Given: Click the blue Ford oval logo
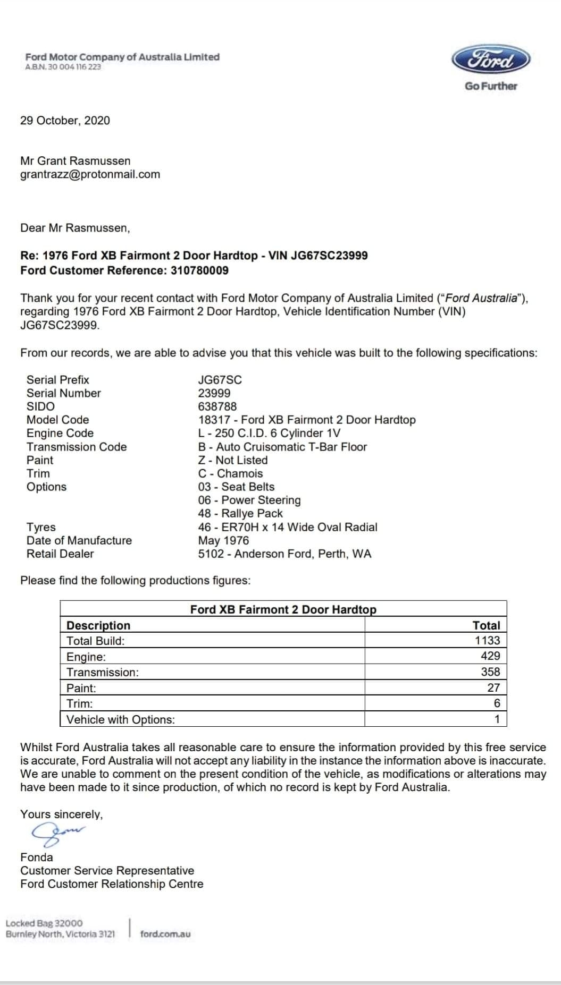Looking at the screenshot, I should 491,60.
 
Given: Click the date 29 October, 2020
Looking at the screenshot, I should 65,121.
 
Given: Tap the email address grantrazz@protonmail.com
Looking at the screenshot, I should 90,174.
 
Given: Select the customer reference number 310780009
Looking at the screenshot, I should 199,270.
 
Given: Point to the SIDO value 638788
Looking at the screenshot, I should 217,406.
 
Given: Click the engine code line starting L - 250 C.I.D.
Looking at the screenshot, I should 269,433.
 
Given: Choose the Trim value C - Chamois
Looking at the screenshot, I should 230,473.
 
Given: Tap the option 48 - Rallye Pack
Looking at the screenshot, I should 240,513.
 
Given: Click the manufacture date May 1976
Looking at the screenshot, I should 223,540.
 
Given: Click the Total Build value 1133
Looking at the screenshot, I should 488,640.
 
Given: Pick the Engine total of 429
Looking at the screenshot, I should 490,656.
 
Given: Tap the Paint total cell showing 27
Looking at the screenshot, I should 493,687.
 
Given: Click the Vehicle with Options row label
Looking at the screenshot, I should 121,719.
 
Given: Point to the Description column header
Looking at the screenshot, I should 98,625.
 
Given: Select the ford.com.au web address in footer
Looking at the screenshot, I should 165,934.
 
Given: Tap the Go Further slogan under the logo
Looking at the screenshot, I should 490,86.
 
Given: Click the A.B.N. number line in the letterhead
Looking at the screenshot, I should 63,67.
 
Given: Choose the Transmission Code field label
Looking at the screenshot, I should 77,447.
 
